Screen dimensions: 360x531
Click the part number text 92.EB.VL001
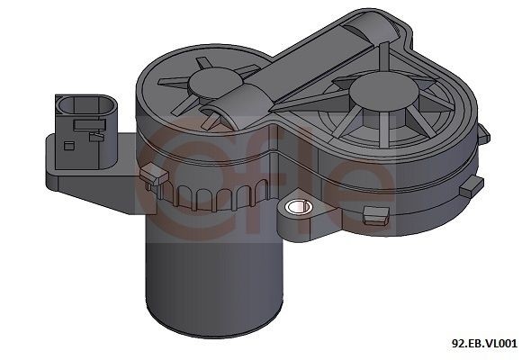pos(484,343)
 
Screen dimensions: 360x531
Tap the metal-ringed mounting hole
pos(294,209)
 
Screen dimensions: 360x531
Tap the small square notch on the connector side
pos(91,139)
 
